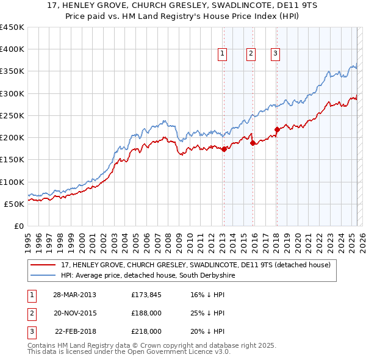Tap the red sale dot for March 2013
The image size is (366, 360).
coord(224,148)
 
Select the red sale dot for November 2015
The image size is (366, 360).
coord(253,143)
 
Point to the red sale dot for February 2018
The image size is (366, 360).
coord(277,129)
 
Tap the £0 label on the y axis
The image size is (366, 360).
coord(18,226)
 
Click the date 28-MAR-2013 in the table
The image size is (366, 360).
coord(74,295)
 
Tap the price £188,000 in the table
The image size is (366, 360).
coord(146,313)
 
